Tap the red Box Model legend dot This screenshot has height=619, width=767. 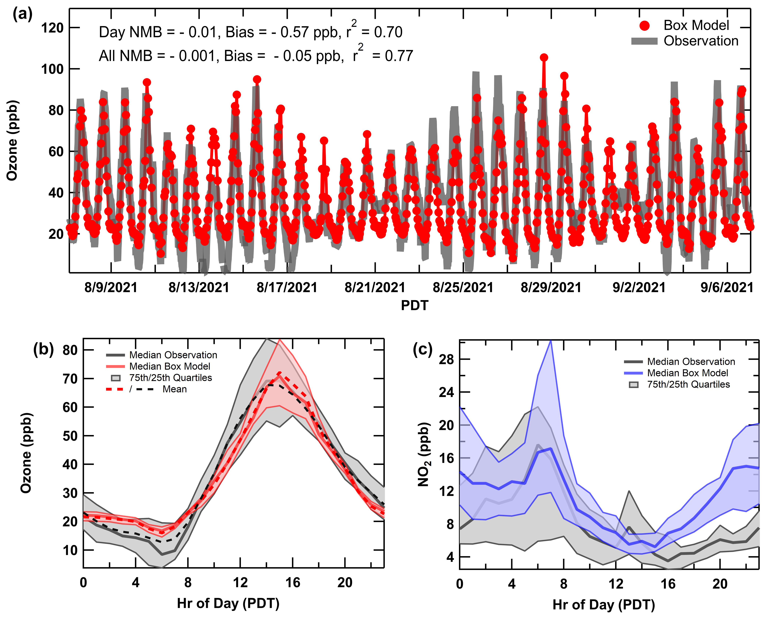[x=644, y=26]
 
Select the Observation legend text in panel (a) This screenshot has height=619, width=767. [x=701, y=41]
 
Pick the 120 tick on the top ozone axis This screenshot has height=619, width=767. [x=52, y=28]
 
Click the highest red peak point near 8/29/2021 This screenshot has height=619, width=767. [x=544, y=57]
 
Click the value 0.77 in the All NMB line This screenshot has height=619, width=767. [x=399, y=56]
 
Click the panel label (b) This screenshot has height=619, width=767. [x=43, y=349]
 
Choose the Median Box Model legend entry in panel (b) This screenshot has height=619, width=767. [x=170, y=366]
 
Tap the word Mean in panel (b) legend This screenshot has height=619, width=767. [x=175, y=389]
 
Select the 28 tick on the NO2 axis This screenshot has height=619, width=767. [x=446, y=359]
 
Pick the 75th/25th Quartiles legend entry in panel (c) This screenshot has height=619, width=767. [x=688, y=384]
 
